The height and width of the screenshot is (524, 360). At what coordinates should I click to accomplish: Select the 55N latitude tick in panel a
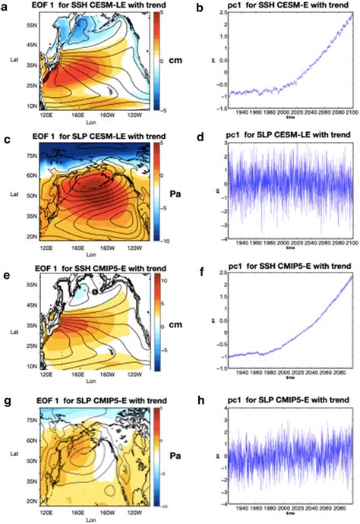coord(32,25)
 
